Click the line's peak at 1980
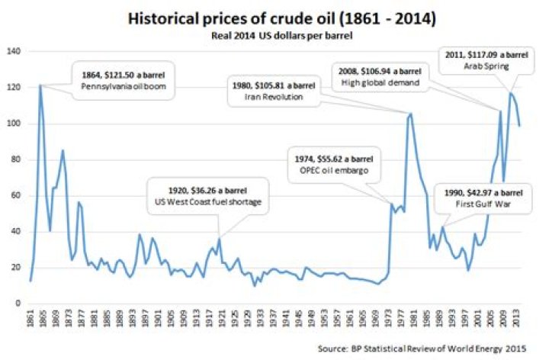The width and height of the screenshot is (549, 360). click(412, 113)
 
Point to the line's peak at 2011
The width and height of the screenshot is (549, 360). click(510, 93)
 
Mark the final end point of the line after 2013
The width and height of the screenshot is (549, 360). click(519, 126)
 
